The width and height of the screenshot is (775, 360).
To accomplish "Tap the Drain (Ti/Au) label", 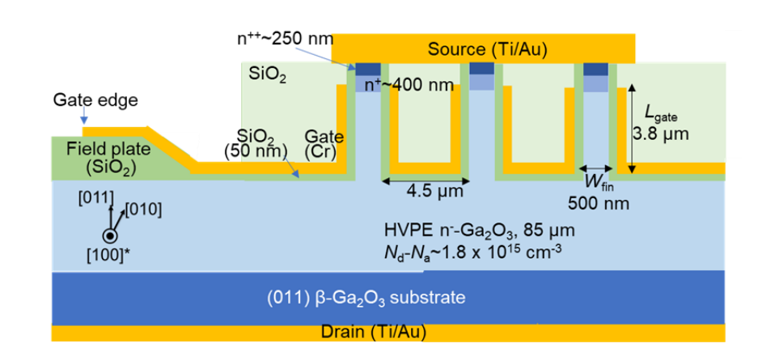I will [373, 332].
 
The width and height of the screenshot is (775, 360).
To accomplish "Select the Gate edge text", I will [96, 100].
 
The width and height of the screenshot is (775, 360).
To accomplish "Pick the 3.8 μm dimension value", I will [662, 135].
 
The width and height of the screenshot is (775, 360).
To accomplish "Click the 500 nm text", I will [595, 202].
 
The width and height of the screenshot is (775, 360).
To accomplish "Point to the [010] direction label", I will [144, 210].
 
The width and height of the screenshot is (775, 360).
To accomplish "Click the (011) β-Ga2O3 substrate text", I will [366, 298].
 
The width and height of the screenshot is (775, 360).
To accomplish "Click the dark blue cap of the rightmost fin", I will [596, 69].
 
